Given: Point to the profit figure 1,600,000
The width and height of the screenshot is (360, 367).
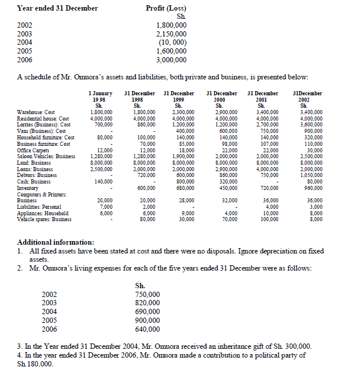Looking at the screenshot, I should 172,51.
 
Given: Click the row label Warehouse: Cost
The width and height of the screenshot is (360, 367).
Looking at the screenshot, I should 37,112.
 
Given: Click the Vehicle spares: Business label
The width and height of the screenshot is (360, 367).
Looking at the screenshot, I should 45,219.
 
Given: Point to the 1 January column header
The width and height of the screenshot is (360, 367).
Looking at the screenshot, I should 100,94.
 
